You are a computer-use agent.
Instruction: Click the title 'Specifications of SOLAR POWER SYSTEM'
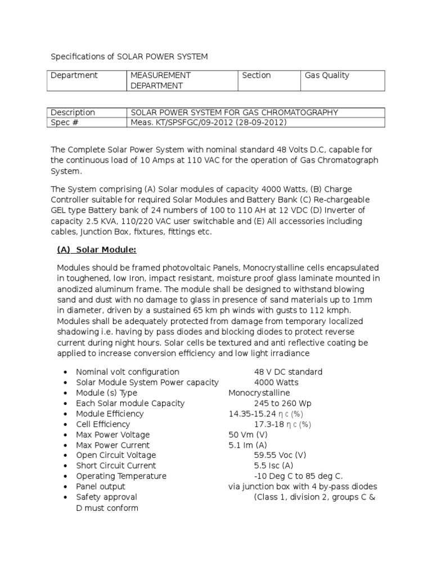[x=129, y=57]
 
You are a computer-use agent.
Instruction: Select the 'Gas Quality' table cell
[x=327, y=75]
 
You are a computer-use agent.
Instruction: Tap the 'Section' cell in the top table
[x=256, y=75]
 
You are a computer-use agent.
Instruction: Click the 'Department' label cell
[x=74, y=75]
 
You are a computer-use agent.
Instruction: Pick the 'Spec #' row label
[x=64, y=123]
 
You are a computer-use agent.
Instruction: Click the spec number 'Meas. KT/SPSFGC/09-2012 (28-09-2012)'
[x=209, y=123]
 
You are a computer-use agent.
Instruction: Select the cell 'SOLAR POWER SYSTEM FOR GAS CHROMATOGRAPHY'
[x=234, y=112]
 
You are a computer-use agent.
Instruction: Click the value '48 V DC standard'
[x=288, y=372]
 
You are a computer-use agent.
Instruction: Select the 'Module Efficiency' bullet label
[x=110, y=413]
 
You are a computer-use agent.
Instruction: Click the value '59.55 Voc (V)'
[x=280, y=455]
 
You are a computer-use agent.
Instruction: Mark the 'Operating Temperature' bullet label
[x=121, y=476]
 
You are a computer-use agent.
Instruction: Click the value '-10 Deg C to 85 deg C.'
[x=298, y=476]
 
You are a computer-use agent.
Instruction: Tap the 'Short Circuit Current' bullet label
[x=116, y=466]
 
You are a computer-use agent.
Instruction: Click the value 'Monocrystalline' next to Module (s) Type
[x=259, y=393]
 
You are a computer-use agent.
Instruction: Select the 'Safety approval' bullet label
[x=106, y=497]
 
